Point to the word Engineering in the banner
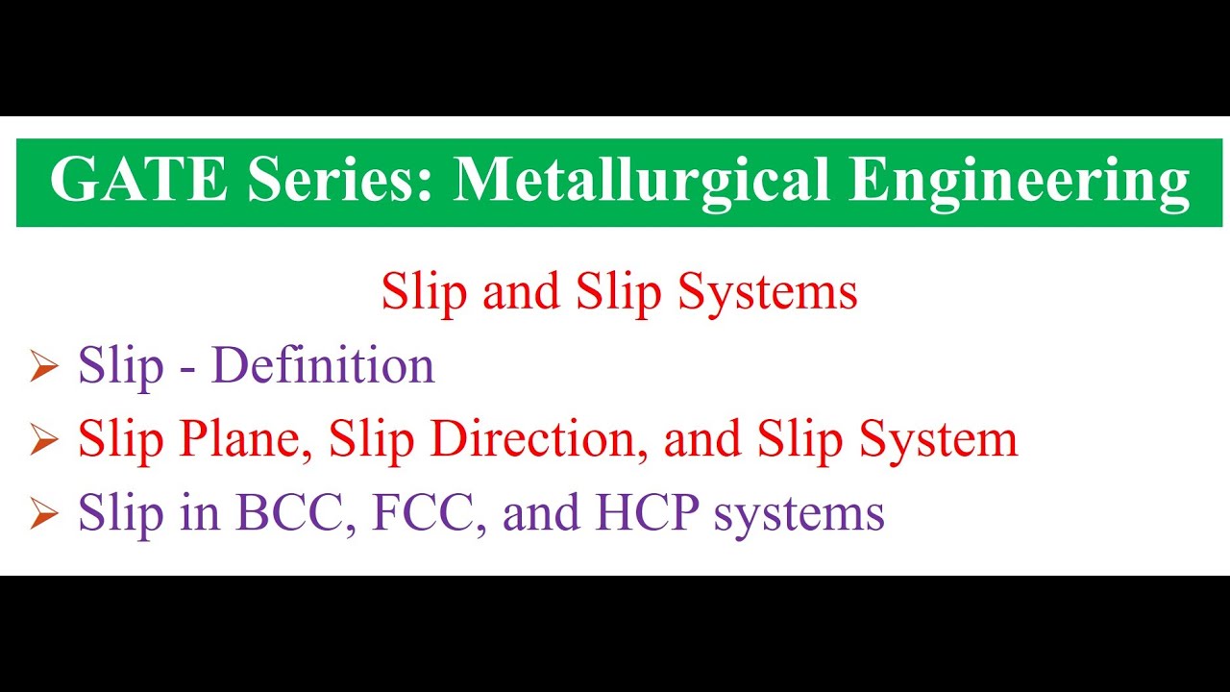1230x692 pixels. coord(1019,180)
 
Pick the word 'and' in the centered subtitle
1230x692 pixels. coord(522,291)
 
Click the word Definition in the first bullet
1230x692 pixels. coord(323,366)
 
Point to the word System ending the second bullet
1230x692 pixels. coord(938,439)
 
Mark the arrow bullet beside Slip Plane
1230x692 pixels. coord(44,441)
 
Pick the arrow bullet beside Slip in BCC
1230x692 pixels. coord(44,515)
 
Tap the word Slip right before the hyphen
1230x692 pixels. coord(121,366)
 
